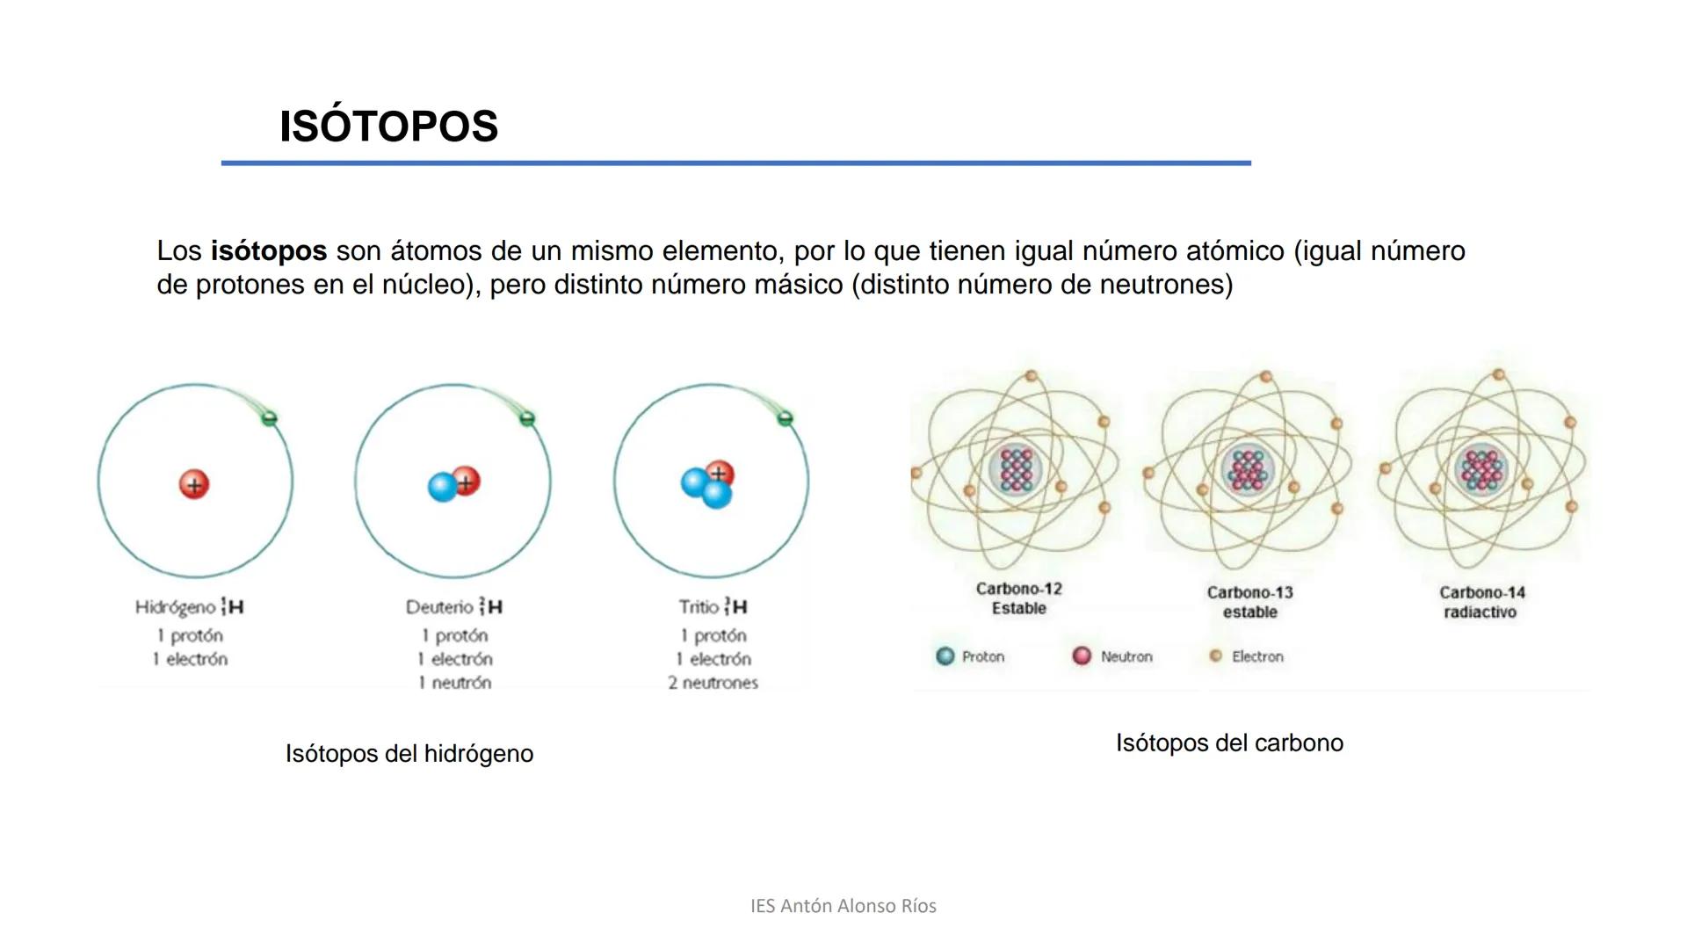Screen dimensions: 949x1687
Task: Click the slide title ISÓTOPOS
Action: (388, 127)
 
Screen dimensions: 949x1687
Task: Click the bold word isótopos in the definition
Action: (268, 251)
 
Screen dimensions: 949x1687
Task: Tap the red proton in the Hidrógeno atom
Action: (194, 484)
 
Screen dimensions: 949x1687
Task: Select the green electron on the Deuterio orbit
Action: (527, 419)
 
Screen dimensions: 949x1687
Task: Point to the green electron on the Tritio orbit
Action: (786, 418)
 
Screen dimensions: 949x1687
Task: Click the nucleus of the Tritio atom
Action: (708, 484)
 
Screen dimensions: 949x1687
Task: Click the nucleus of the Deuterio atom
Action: (454, 484)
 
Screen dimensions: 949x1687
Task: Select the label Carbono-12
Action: (1018, 589)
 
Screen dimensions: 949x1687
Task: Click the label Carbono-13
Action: (1249, 593)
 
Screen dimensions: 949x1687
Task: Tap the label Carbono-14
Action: (1481, 593)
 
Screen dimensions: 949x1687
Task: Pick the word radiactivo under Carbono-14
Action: (1480, 612)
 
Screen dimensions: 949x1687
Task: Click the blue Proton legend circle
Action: (945, 656)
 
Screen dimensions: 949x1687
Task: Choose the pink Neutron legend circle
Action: (1082, 656)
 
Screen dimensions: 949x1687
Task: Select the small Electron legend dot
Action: (1216, 656)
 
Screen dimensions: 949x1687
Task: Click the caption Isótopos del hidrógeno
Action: (409, 754)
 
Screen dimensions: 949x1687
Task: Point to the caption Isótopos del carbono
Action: (1229, 743)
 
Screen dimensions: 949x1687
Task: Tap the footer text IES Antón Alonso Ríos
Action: (843, 906)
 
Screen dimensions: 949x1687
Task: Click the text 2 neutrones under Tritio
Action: (713, 683)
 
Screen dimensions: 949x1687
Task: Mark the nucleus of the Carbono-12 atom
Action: (1017, 469)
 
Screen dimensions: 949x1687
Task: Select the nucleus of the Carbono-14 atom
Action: (1482, 469)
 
